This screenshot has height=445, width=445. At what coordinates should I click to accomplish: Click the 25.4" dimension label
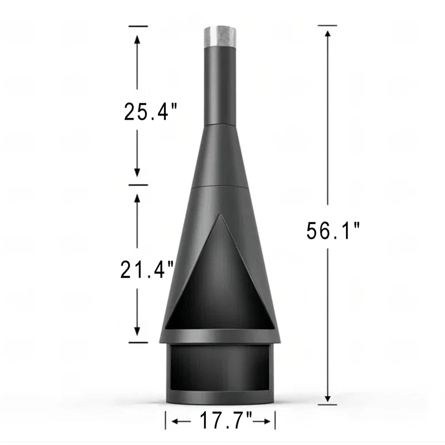point(150,112)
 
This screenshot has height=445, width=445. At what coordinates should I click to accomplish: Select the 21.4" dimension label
point(147,269)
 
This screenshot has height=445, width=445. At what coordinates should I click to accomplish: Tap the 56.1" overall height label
point(333,231)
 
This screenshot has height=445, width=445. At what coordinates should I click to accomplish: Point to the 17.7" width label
point(226,421)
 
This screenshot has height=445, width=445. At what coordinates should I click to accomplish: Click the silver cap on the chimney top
point(220,37)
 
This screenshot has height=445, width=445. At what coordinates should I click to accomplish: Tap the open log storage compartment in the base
point(220,368)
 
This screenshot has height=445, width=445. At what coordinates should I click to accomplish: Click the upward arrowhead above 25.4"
point(137,39)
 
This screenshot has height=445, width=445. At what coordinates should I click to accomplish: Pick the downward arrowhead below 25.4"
point(137,172)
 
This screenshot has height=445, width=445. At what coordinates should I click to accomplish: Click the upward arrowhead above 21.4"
point(137,198)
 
